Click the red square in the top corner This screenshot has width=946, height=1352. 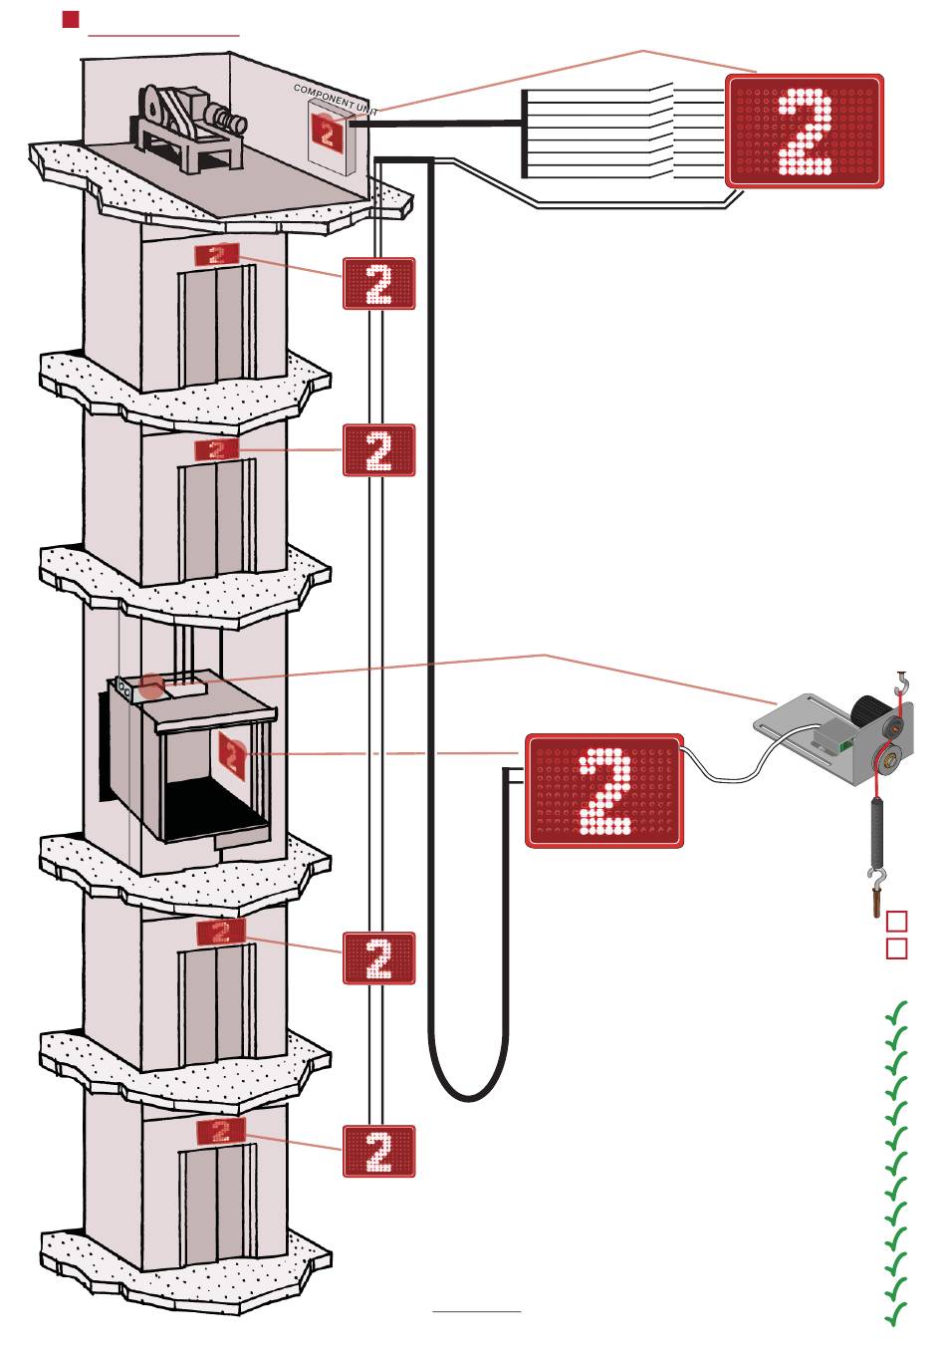[71, 20]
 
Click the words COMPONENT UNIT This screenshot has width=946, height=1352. [336, 99]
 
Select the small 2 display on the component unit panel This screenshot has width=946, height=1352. [327, 131]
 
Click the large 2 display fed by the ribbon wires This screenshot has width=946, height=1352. [805, 131]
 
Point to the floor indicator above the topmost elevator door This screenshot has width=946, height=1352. [217, 254]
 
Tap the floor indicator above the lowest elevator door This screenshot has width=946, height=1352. [221, 1131]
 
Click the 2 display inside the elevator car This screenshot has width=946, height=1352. [232, 755]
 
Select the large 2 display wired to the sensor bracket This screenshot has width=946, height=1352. [604, 791]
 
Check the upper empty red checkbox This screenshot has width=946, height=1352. [897, 921]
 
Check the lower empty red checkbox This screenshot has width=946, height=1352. [897, 948]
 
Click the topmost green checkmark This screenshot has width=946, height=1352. [896, 1012]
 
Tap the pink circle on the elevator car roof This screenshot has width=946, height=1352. [151, 686]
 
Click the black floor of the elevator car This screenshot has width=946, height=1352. [214, 809]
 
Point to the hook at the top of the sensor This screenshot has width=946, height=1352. [903, 682]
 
